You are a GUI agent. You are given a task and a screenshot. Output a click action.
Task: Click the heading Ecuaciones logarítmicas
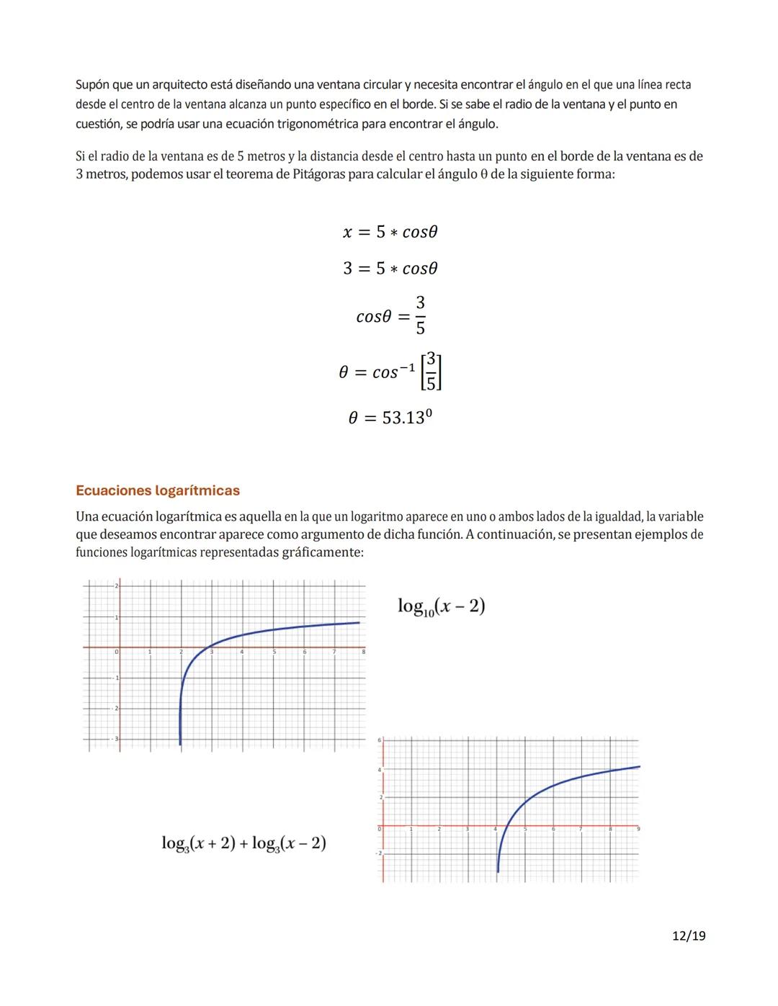pos(158,490)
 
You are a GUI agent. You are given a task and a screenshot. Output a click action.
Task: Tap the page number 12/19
pos(688,935)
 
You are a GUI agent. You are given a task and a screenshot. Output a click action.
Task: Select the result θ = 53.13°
pos(390,418)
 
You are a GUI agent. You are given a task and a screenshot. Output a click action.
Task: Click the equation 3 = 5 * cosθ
pos(390,269)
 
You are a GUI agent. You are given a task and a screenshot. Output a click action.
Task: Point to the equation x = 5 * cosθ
pos(390,232)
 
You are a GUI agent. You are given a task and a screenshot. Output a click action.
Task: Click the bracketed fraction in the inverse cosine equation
pos(430,372)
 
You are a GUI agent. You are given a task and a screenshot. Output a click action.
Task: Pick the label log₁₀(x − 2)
pos(441,606)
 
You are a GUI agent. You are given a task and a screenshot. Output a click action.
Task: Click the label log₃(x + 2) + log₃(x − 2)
pos(243,843)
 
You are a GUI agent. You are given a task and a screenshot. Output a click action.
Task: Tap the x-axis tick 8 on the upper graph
pos(364,652)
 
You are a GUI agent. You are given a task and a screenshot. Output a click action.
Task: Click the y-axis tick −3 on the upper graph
pos(116,740)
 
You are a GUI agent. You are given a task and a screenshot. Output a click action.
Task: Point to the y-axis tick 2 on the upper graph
pos(116,587)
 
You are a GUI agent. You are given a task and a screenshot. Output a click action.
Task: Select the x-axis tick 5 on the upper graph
pos(274,652)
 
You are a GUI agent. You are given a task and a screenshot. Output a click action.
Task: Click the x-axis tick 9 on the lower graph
pos(638,830)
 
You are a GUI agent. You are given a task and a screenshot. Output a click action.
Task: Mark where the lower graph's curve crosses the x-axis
pos(508,825)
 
